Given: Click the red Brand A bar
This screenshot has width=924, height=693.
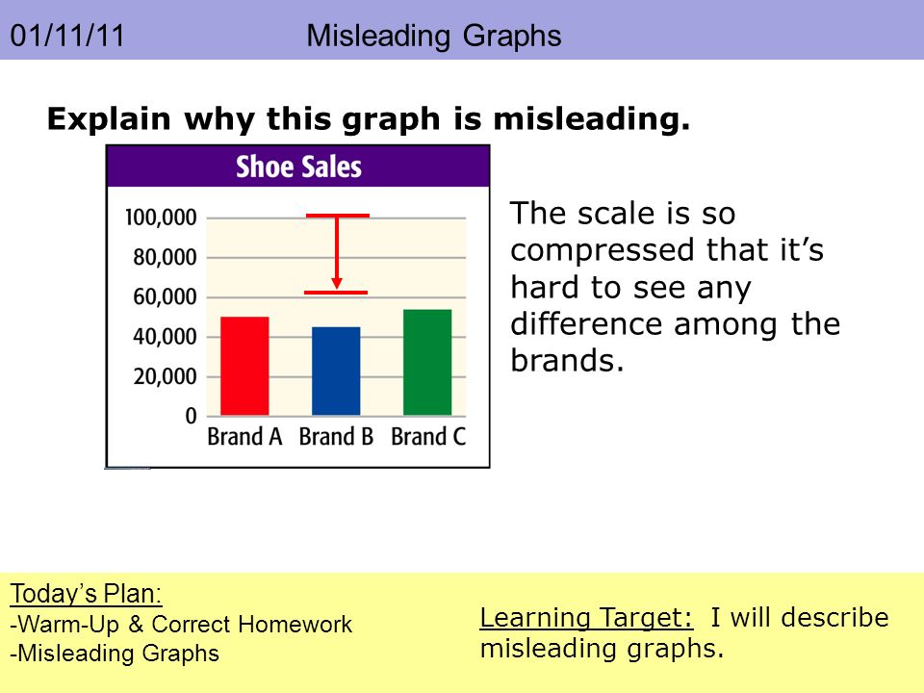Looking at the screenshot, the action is [244, 366].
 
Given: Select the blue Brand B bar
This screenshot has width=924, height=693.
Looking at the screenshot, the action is [336, 372].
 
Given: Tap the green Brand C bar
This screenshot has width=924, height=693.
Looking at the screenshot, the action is [427, 363].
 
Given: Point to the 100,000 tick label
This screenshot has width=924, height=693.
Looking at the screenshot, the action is [161, 218].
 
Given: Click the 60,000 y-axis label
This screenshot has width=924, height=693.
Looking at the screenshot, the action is [165, 297].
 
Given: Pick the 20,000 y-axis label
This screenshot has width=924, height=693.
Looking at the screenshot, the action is [165, 376].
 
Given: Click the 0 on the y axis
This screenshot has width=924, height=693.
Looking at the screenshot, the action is [191, 416].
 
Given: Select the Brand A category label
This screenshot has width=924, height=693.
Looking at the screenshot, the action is [244, 437].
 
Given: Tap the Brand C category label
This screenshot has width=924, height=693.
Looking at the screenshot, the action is [428, 437].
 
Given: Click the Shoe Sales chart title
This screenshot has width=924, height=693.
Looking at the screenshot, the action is [298, 167].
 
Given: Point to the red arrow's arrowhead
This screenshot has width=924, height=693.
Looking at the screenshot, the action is [337, 283].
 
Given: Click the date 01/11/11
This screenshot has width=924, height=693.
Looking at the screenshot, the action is [67, 36].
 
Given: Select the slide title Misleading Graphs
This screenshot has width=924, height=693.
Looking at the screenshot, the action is [434, 36].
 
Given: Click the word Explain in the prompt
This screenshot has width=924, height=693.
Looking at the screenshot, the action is [109, 119].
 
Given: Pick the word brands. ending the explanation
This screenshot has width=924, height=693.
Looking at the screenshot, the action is [567, 360].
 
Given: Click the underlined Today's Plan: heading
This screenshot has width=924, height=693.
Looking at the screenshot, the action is [86, 594].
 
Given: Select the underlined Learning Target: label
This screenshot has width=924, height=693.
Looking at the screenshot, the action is [586, 618].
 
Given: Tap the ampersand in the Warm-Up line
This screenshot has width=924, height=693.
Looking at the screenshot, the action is [136, 625].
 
